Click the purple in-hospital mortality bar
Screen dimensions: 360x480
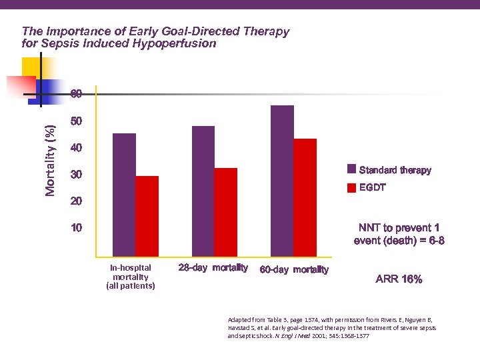coord(124,195)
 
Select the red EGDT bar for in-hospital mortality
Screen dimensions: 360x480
coord(147,216)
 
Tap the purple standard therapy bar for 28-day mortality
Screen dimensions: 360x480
coord(203,191)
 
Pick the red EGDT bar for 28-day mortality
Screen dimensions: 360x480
coord(226,212)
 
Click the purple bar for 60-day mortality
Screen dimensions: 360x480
coord(282,181)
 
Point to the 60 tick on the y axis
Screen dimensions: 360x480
coord(77,94)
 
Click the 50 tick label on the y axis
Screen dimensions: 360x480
coord(77,122)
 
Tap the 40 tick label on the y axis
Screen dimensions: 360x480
coord(77,147)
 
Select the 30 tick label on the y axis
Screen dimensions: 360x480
coord(77,175)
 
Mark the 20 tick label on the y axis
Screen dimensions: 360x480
coord(77,201)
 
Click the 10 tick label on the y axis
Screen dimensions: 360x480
coord(77,229)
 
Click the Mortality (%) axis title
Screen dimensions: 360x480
coord(51,161)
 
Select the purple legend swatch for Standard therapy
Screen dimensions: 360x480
coord(351,170)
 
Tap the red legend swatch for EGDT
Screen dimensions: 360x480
coord(351,188)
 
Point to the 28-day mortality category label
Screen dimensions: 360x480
coord(213,268)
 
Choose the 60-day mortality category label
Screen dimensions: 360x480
coord(294,270)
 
